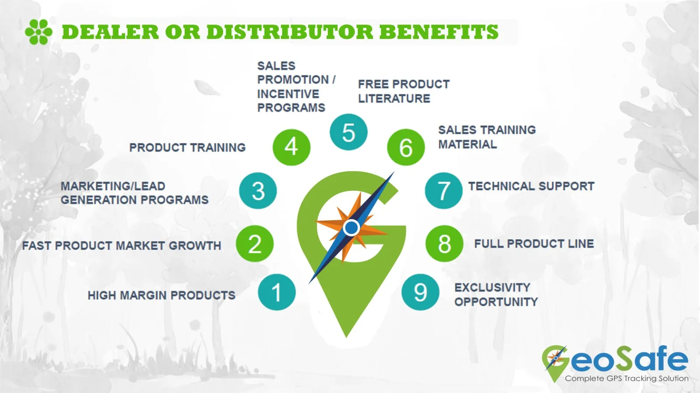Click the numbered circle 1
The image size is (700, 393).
pyautogui.click(x=276, y=292)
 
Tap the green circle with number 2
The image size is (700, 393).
pyautogui.click(x=255, y=244)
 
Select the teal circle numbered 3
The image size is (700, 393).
pyautogui.click(x=258, y=191)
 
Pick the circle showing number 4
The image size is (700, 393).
pyautogui.click(x=291, y=147)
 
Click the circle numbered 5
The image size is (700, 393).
pyautogui.click(x=348, y=132)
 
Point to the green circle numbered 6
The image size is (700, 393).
pyautogui.click(x=406, y=147)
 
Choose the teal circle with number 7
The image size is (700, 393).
pyautogui.click(x=444, y=191)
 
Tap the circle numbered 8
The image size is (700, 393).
pyautogui.click(x=444, y=244)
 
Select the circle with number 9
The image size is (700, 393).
pyautogui.click(x=420, y=292)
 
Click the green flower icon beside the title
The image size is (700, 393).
pyautogui.click(x=39, y=32)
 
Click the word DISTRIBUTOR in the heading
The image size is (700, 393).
pyautogui.click(x=290, y=32)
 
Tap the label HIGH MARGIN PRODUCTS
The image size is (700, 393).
pyautogui.click(x=161, y=295)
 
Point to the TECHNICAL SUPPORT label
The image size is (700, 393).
pyautogui.click(x=531, y=186)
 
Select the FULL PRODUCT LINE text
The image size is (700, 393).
pyautogui.click(x=534, y=244)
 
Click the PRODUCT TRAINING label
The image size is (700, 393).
pyautogui.click(x=188, y=147)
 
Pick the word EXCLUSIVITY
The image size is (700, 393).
pyautogui.click(x=492, y=288)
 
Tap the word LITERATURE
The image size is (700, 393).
pyautogui.click(x=394, y=99)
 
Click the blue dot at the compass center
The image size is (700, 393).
pyautogui.click(x=351, y=228)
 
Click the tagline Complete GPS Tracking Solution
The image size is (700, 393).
pyautogui.click(x=626, y=379)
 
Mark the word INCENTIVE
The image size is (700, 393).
pyautogui.click(x=288, y=94)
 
